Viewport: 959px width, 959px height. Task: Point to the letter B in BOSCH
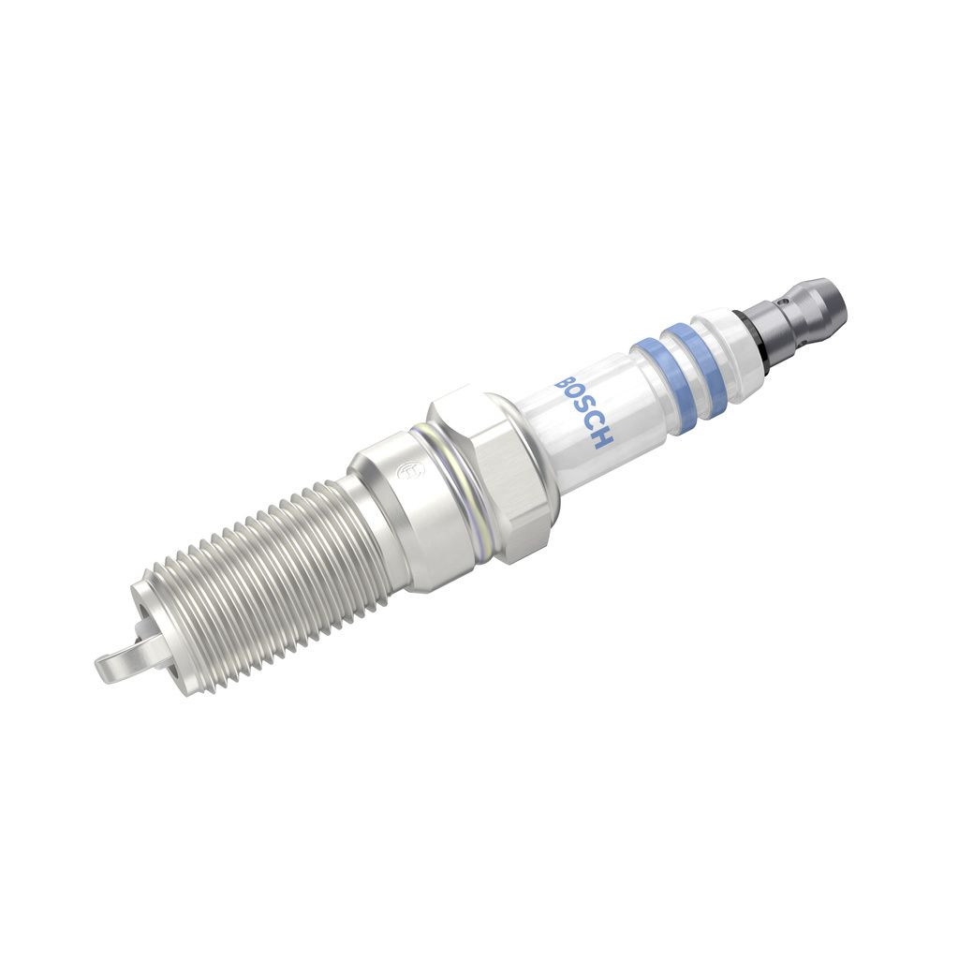pos(567,383)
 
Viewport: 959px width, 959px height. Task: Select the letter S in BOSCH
pos(583,408)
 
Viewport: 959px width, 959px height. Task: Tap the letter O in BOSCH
pos(574,396)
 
